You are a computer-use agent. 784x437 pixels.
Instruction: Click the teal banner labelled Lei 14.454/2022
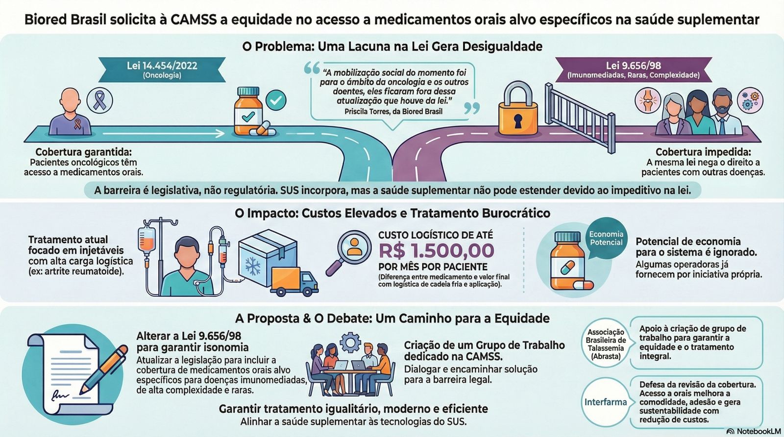(x=162, y=69)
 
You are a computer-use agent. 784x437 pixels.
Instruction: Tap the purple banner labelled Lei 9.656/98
(x=633, y=69)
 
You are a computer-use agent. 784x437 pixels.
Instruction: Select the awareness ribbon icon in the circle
(x=99, y=101)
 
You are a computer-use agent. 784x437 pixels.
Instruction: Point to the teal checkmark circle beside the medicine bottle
(x=276, y=100)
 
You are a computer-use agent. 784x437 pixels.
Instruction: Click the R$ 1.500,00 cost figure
(x=436, y=251)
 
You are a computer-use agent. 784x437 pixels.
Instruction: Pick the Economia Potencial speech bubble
(x=606, y=238)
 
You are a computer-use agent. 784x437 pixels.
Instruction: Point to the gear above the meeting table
(x=350, y=341)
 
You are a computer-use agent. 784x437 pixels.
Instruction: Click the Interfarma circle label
(x=605, y=402)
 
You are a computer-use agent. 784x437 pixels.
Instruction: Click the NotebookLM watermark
(x=754, y=431)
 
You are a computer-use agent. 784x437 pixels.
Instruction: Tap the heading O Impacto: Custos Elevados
(x=392, y=213)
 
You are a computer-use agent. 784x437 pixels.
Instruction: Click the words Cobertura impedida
(x=703, y=152)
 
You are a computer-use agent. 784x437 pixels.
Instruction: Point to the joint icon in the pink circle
(x=648, y=101)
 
